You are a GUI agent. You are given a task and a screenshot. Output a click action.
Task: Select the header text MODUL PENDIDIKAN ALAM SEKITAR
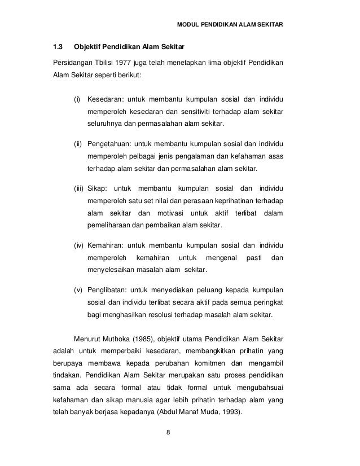pos(231,25)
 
